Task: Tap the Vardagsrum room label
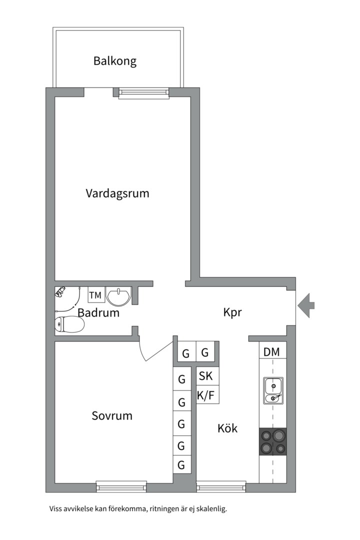pos(117,193)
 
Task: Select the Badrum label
pos(98,313)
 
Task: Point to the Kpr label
pos(232,312)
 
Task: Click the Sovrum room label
pos(112,415)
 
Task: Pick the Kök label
pos(227,428)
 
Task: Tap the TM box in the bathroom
pos(95,295)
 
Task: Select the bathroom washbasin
pos(118,296)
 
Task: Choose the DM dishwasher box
pos(272,352)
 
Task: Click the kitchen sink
pos(273,391)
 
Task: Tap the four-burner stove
pos(273,441)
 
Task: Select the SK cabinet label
pos(205,375)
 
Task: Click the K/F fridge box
pos(205,395)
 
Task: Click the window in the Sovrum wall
pos(121,485)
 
